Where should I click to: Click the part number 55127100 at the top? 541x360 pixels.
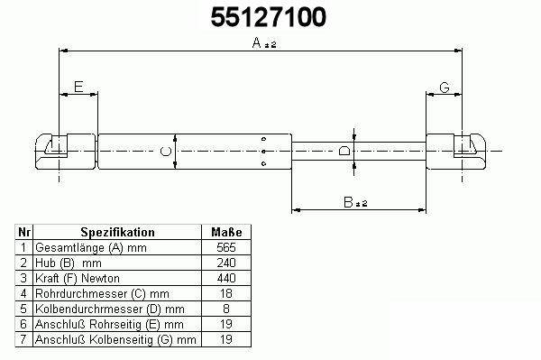pyautogui.click(x=269, y=17)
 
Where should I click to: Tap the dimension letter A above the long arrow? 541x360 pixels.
pyautogui.click(x=256, y=42)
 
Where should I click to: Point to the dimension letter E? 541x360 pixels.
pyautogui.click(x=78, y=87)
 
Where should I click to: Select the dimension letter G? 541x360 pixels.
pyautogui.click(x=445, y=88)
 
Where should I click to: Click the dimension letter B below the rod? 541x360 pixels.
pyautogui.click(x=348, y=202)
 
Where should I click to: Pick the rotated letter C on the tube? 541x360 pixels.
pyautogui.click(x=166, y=152)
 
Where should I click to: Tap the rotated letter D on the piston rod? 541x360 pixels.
pyautogui.click(x=344, y=151)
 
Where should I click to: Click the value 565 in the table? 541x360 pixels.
pyautogui.click(x=226, y=247)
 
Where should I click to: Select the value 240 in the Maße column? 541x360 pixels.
pyautogui.click(x=226, y=263)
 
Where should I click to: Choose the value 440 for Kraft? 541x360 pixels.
pyautogui.click(x=226, y=278)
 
